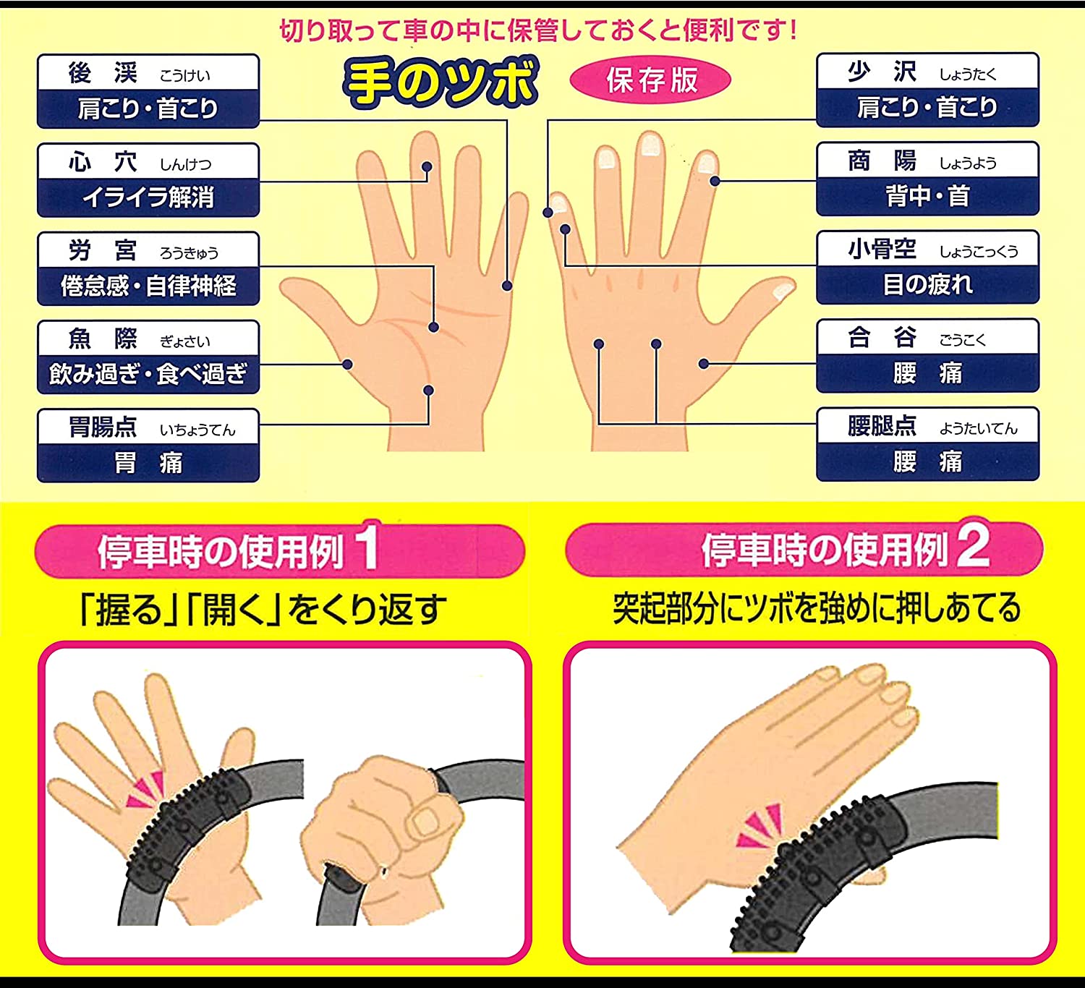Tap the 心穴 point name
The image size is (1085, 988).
click(103, 162)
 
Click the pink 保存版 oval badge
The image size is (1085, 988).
click(650, 80)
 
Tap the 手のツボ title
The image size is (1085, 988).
click(441, 82)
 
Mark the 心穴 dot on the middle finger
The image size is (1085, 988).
click(427, 166)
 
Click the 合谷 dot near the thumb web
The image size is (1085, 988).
click(704, 364)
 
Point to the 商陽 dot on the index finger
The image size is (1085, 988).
click(715, 182)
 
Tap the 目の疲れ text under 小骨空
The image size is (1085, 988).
click(927, 284)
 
